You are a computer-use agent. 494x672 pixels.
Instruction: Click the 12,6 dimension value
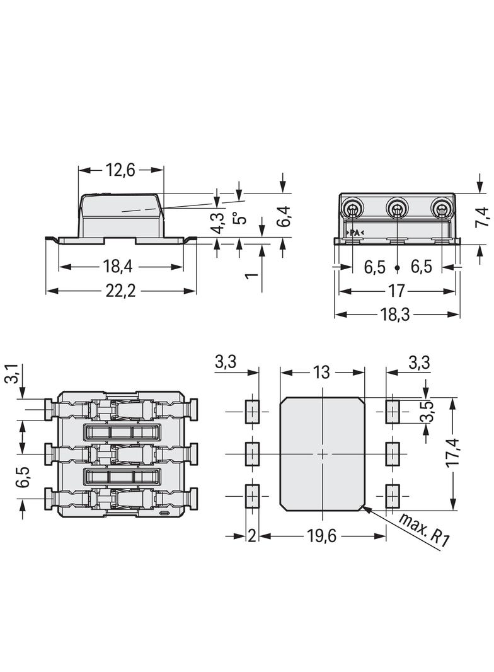click(x=120, y=170)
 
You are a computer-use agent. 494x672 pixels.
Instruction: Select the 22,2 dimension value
click(x=120, y=291)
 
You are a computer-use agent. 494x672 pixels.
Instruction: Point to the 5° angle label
click(x=238, y=217)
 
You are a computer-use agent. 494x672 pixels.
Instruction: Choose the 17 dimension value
click(x=396, y=291)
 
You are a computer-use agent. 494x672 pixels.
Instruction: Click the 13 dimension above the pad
click(x=321, y=372)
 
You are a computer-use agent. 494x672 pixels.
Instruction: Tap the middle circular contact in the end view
click(x=397, y=209)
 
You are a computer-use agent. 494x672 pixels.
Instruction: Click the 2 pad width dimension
click(x=251, y=536)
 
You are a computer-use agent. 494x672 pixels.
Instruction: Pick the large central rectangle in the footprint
click(x=322, y=453)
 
